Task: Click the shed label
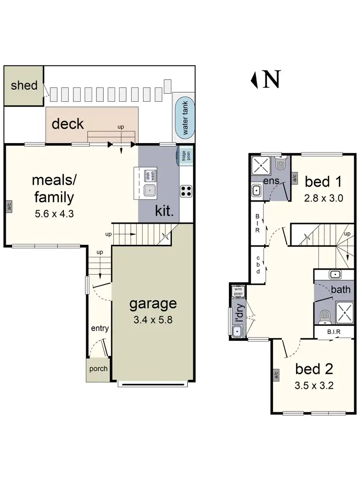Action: point(24,85)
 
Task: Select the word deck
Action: point(68,124)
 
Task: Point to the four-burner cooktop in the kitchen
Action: point(186,191)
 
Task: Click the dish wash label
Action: point(149,176)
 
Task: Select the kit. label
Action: point(164,211)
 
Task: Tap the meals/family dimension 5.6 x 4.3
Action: point(54,214)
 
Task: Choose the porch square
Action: point(98,370)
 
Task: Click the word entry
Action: point(100,328)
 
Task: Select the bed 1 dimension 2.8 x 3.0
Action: point(323,198)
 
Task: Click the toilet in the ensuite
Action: point(281,165)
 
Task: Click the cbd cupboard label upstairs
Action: point(258,264)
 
